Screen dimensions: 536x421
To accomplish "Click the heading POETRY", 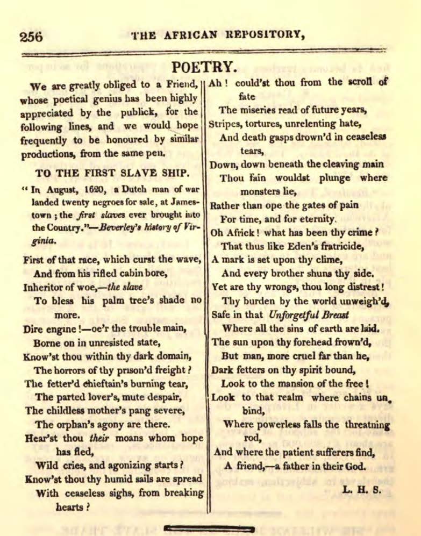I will tap(204, 67).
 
